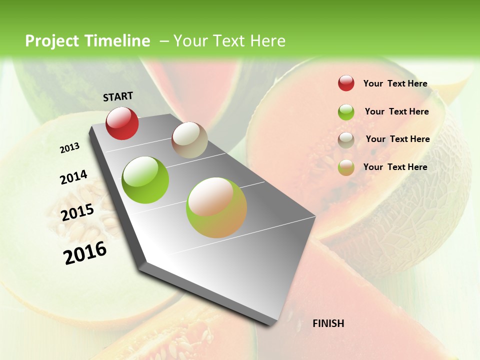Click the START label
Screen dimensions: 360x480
(118, 96)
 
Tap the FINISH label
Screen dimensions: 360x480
(328, 323)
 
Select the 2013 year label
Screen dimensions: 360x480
(69, 148)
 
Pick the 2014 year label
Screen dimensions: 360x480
(73, 177)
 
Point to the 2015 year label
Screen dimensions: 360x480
(77, 212)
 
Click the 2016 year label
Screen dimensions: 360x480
(85, 252)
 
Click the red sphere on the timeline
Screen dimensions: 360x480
(122, 123)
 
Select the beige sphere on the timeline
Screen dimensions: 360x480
(189, 140)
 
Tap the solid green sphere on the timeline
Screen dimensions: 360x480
(145, 180)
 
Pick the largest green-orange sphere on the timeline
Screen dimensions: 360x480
(216, 207)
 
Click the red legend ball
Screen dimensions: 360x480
(346, 83)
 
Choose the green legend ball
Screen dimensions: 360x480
(346, 112)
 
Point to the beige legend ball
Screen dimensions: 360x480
(346, 140)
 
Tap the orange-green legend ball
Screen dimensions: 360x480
(346, 167)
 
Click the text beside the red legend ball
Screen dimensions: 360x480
(395, 83)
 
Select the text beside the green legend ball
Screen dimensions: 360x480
(396, 111)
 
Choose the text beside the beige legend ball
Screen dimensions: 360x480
(397, 139)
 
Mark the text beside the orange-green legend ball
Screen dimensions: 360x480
(395, 167)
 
